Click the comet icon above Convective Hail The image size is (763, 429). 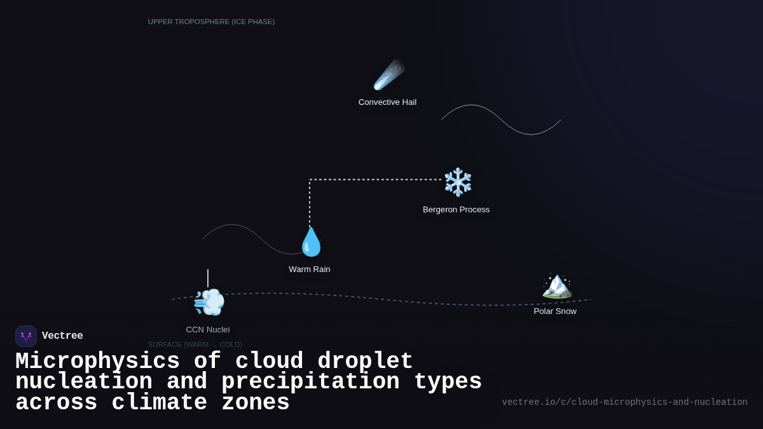[x=388, y=75]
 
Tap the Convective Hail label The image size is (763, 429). [x=387, y=102]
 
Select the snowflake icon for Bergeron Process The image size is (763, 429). [x=458, y=182]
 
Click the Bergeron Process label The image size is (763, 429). [x=456, y=210]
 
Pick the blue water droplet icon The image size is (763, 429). [x=311, y=242]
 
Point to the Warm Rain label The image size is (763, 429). [x=309, y=269]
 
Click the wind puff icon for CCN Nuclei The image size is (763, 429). [x=209, y=302]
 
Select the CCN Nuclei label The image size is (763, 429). [x=207, y=330]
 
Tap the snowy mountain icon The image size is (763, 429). [x=556, y=285]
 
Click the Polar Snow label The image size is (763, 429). [x=554, y=311]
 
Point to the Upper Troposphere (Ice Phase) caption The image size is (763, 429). [x=211, y=22]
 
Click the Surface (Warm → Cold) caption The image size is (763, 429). [x=195, y=344]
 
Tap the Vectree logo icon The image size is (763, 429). [x=26, y=336]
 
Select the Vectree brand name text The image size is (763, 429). [x=62, y=336]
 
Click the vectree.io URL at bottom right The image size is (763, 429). [x=624, y=402]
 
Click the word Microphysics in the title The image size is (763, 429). [x=97, y=362]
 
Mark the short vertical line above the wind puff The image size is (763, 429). [x=207, y=278]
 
